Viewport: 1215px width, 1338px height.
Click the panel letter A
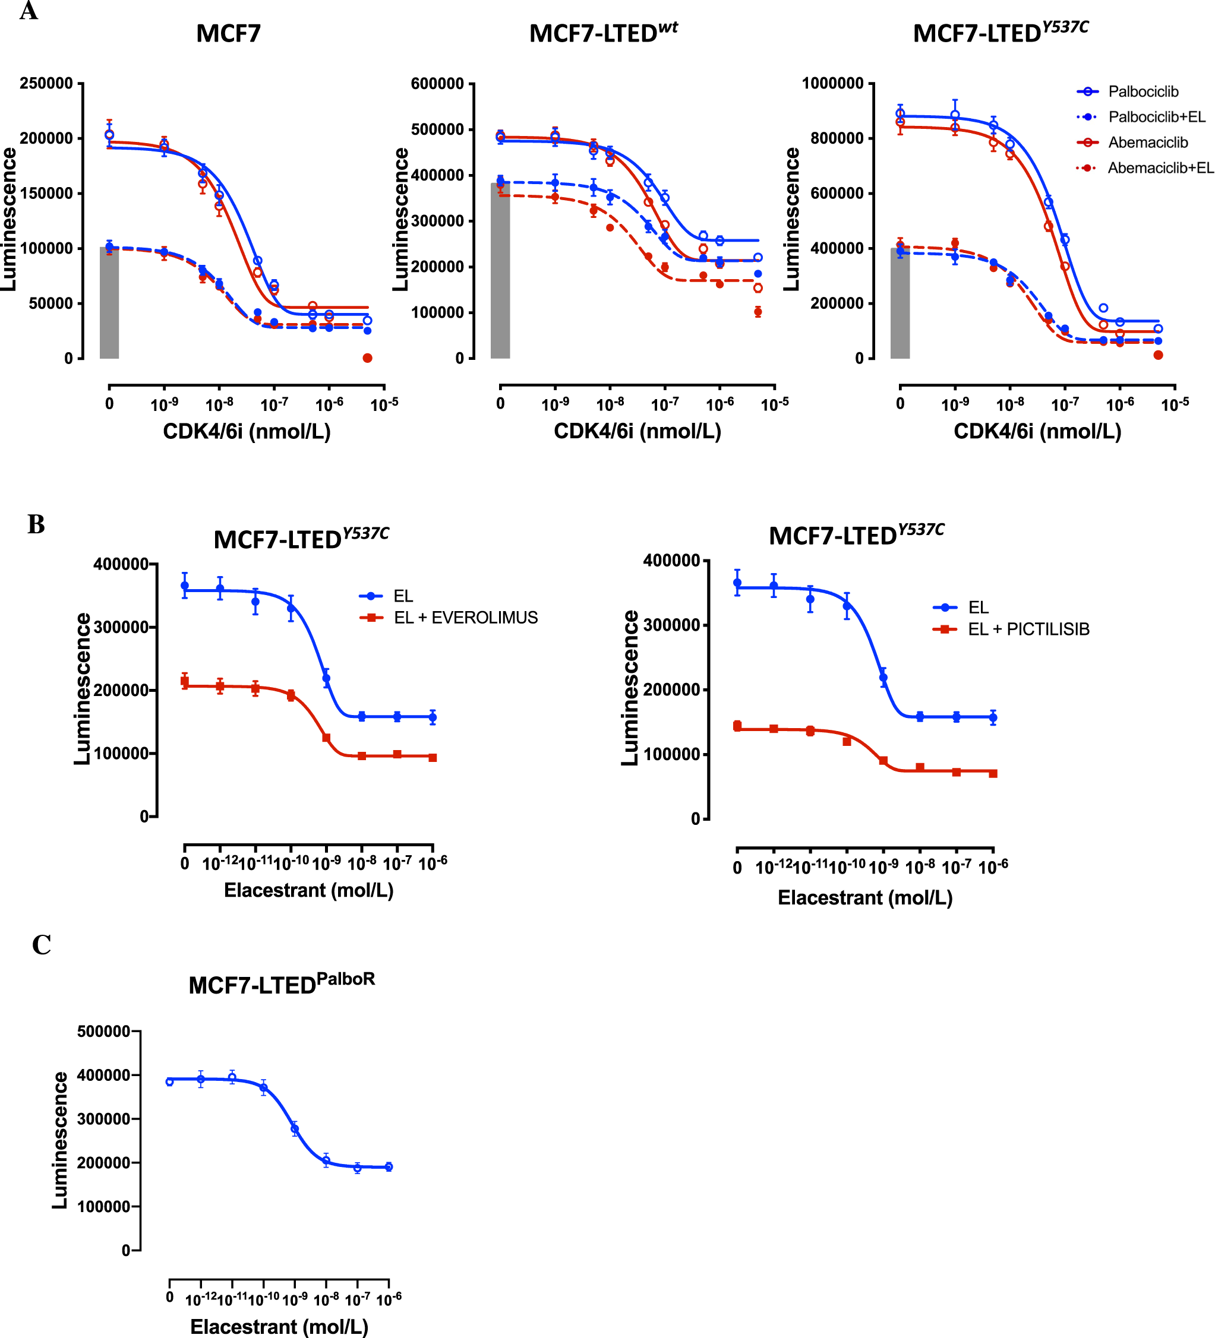[29, 11]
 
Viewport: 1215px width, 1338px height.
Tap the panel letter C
[41, 945]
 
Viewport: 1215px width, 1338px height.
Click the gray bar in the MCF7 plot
[109, 303]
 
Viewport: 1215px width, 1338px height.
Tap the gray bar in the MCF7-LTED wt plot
[500, 271]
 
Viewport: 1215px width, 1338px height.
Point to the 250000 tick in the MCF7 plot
[46, 84]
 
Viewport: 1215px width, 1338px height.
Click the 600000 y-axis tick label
[437, 84]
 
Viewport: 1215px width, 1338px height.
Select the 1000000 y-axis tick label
[832, 84]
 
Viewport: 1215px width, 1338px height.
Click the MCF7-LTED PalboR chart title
[282, 983]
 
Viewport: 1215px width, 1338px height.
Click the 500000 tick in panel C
[103, 1032]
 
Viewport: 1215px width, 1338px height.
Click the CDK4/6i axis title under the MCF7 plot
[247, 431]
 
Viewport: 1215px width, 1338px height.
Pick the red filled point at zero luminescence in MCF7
[367, 358]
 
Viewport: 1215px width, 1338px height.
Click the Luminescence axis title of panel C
[61, 1140]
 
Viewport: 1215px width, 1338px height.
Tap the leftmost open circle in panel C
[169, 1082]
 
